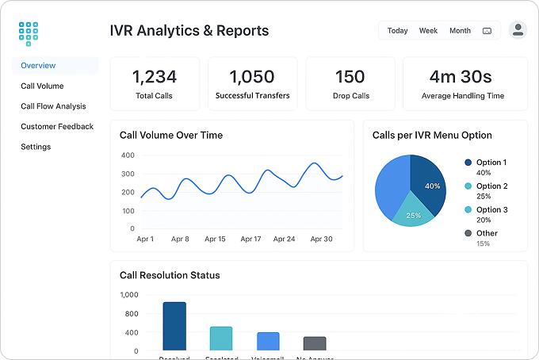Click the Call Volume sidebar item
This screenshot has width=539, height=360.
(x=42, y=86)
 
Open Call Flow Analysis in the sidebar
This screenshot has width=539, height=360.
(x=53, y=106)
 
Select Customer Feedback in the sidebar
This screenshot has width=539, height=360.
(x=57, y=126)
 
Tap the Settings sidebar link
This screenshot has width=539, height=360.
(x=36, y=147)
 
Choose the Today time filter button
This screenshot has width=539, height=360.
(x=397, y=31)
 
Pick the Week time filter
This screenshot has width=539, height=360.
(x=428, y=31)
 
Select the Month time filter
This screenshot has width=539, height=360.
(x=460, y=31)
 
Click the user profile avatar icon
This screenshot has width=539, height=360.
(x=518, y=30)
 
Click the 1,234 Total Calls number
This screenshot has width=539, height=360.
(x=155, y=77)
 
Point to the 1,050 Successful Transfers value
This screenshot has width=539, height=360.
(x=252, y=77)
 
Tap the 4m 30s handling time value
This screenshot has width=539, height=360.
(x=461, y=77)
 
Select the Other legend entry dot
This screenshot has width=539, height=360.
(x=468, y=233)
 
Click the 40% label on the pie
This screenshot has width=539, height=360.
(x=432, y=186)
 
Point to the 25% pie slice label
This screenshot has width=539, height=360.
(x=413, y=216)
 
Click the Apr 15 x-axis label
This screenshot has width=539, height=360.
(x=215, y=239)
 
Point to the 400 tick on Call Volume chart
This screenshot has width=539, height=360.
(x=127, y=155)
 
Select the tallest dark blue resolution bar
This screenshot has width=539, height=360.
(x=174, y=325)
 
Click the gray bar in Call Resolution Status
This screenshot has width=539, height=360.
(x=315, y=343)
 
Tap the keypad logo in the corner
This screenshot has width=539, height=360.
(x=29, y=33)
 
